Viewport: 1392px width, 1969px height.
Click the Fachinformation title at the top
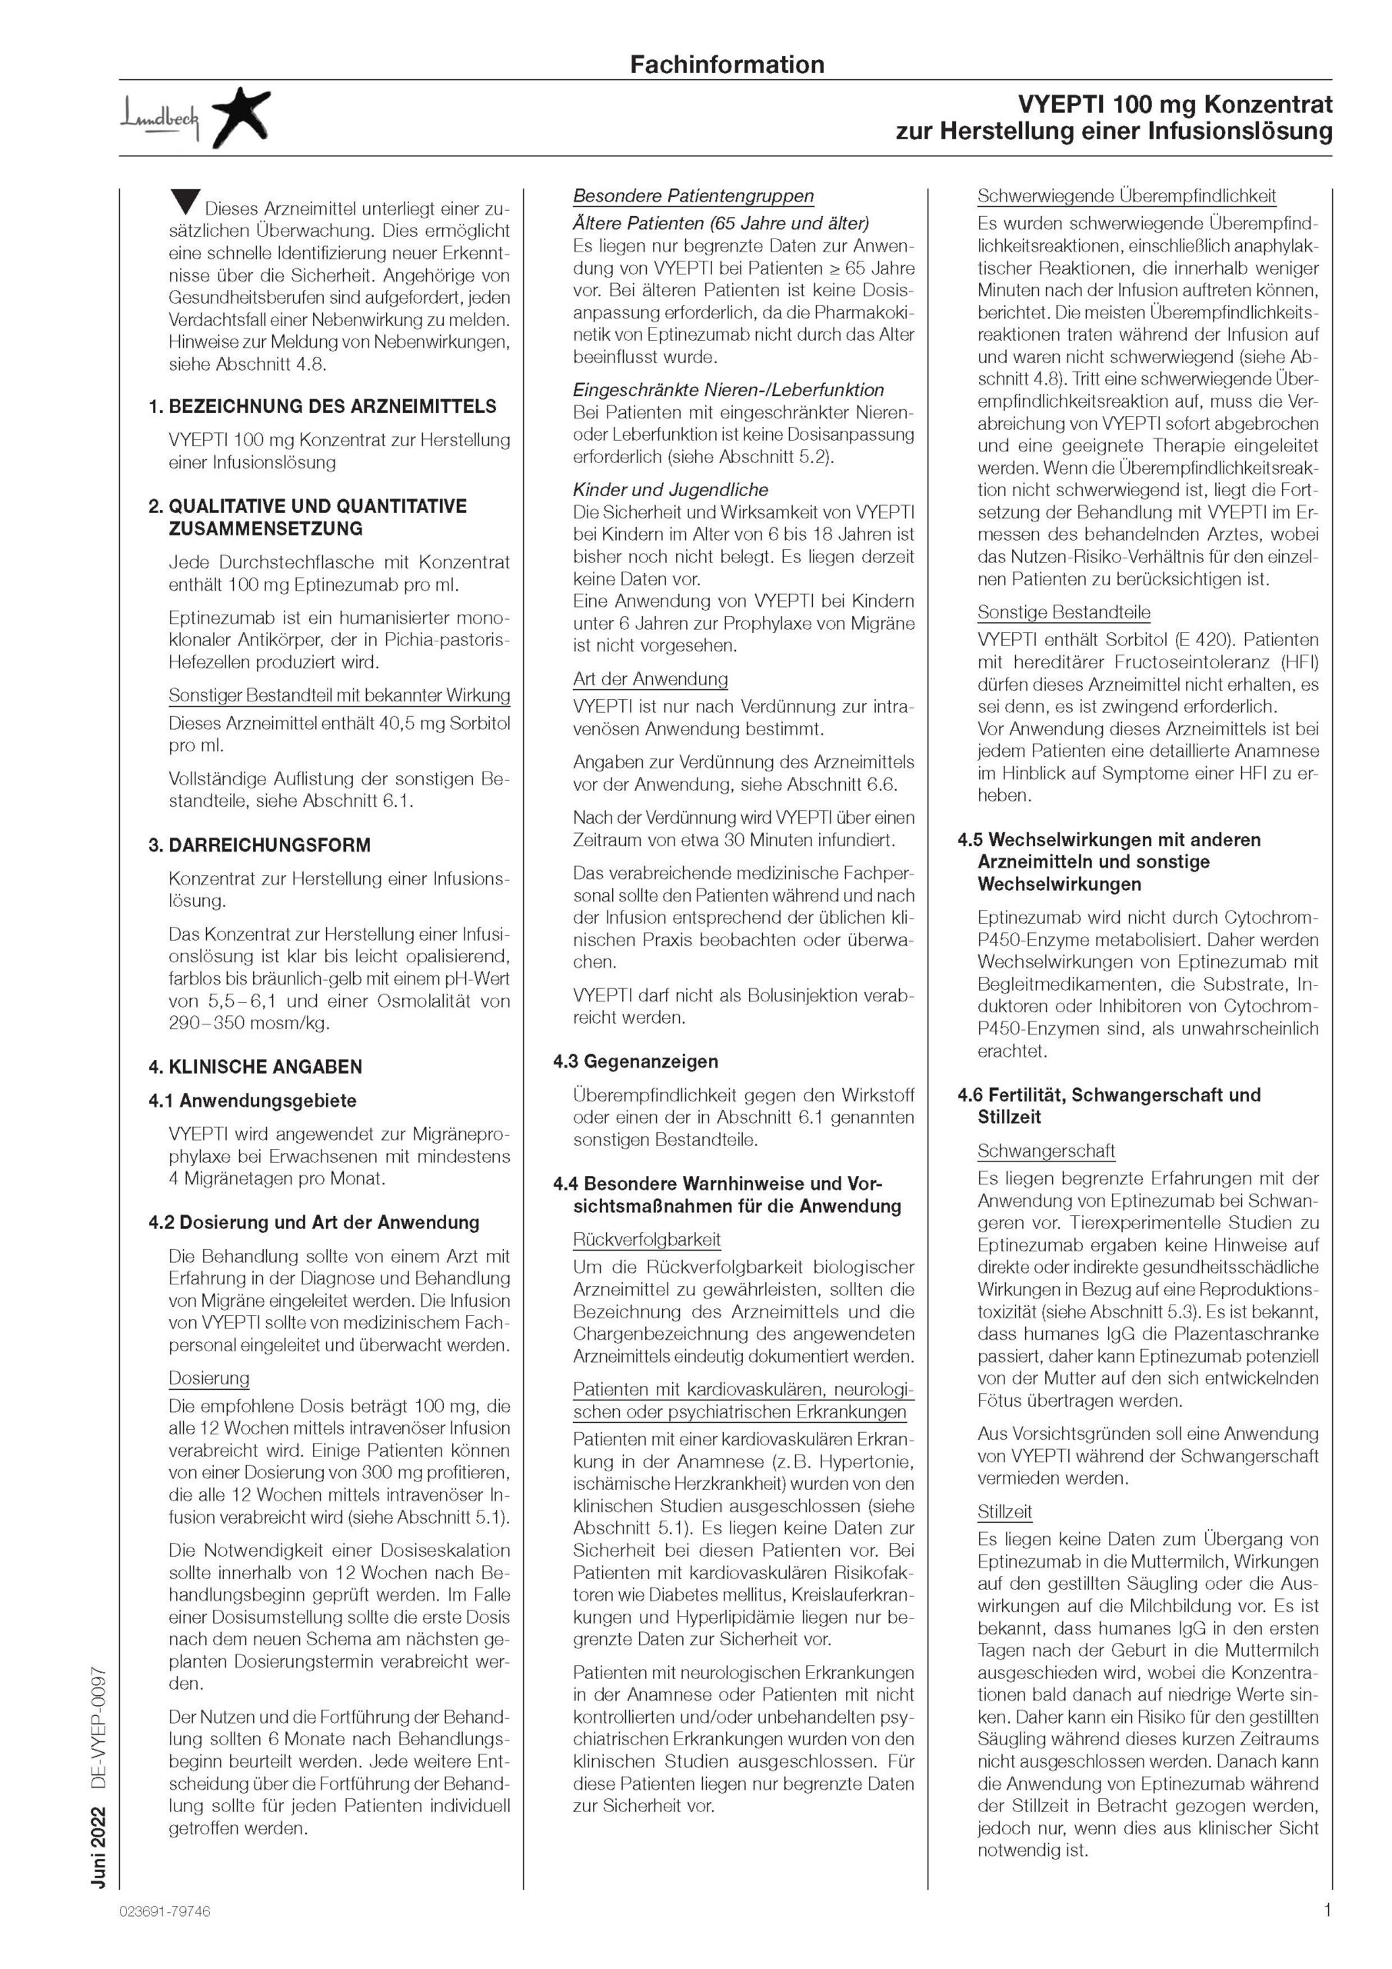(x=727, y=65)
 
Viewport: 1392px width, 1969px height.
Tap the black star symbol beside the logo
(x=240, y=118)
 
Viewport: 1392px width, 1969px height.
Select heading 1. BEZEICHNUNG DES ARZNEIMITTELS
(x=322, y=407)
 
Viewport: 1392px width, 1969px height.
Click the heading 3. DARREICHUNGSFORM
(x=260, y=845)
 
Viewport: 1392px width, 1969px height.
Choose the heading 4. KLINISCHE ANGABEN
(x=255, y=1067)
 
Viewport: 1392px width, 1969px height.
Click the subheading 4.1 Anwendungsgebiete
(x=252, y=1101)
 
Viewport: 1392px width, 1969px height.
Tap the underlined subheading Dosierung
(x=208, y=1378)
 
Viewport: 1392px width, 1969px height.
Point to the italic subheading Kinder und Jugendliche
(x=671, y=490)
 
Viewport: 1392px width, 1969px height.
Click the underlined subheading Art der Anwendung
(x=650, y=679)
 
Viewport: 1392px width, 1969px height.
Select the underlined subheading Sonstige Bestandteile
(x=1064, y=612)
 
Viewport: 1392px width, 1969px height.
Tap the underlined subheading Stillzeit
(x=1004, y=1512)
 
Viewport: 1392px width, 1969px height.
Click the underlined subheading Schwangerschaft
(x=1045, y=1151)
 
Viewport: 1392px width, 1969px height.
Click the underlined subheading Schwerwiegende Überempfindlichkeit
(x=1126, y=195)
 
